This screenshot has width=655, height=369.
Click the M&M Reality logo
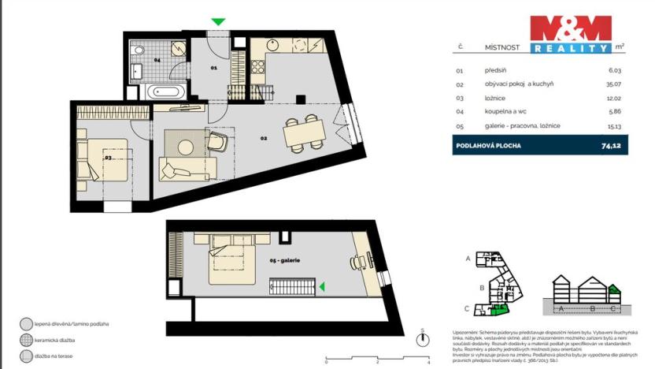click(570, 33)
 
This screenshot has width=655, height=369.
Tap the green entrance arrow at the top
click(219, 22)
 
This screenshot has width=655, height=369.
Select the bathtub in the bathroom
click(166, 91)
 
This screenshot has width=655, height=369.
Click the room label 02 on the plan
click(265, 138)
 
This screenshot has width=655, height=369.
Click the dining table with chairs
click(303, 132)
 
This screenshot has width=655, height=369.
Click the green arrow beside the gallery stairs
click(321, 286)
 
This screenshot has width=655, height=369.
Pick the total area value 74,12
click(611, 146)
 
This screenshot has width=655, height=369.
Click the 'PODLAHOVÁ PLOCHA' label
click(487, 146)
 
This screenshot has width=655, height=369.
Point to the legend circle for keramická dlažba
click(26, 340)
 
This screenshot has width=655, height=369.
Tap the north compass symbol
click(424, 340)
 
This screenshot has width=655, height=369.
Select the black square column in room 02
click(300, 99)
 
